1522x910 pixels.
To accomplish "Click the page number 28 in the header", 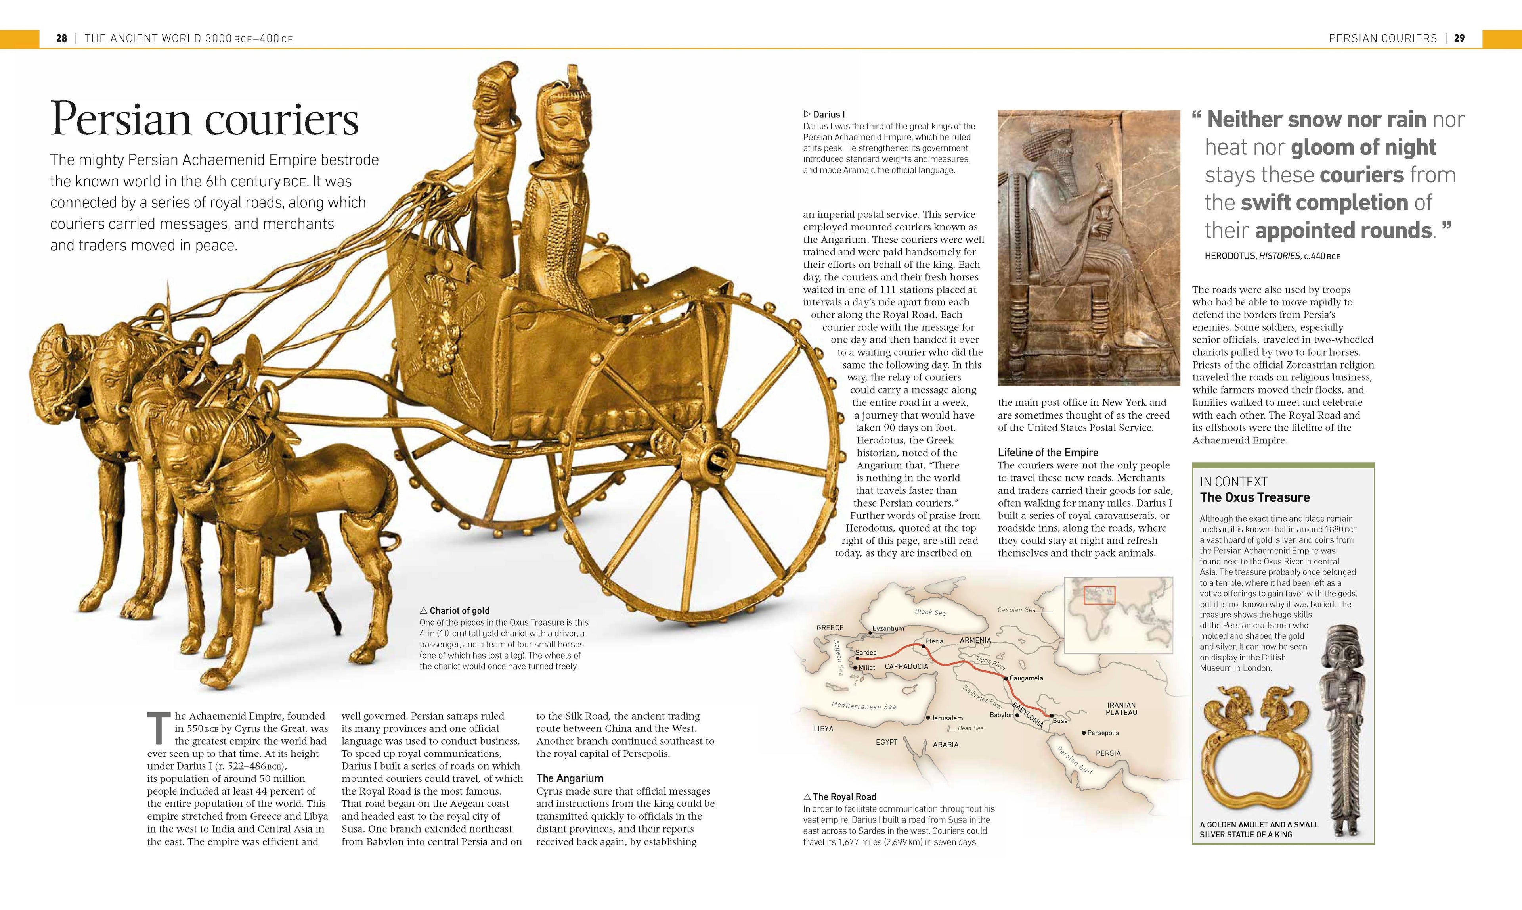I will (61, 38).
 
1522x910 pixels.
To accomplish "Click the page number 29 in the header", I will (1459, 38).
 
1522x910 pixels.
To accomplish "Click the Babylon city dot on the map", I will (1017, 715).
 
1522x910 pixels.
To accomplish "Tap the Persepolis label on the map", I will (1103, 733).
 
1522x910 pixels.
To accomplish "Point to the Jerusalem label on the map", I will (946, 718).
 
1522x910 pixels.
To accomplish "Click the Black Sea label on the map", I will (930, 612).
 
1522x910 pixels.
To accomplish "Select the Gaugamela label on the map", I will (1026, 678).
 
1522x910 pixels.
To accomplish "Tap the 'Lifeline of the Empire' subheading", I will (1048, 453).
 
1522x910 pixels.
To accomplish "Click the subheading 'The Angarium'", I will (570, 778).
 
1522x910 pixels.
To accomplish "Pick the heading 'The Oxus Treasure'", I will (1255, 497).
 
